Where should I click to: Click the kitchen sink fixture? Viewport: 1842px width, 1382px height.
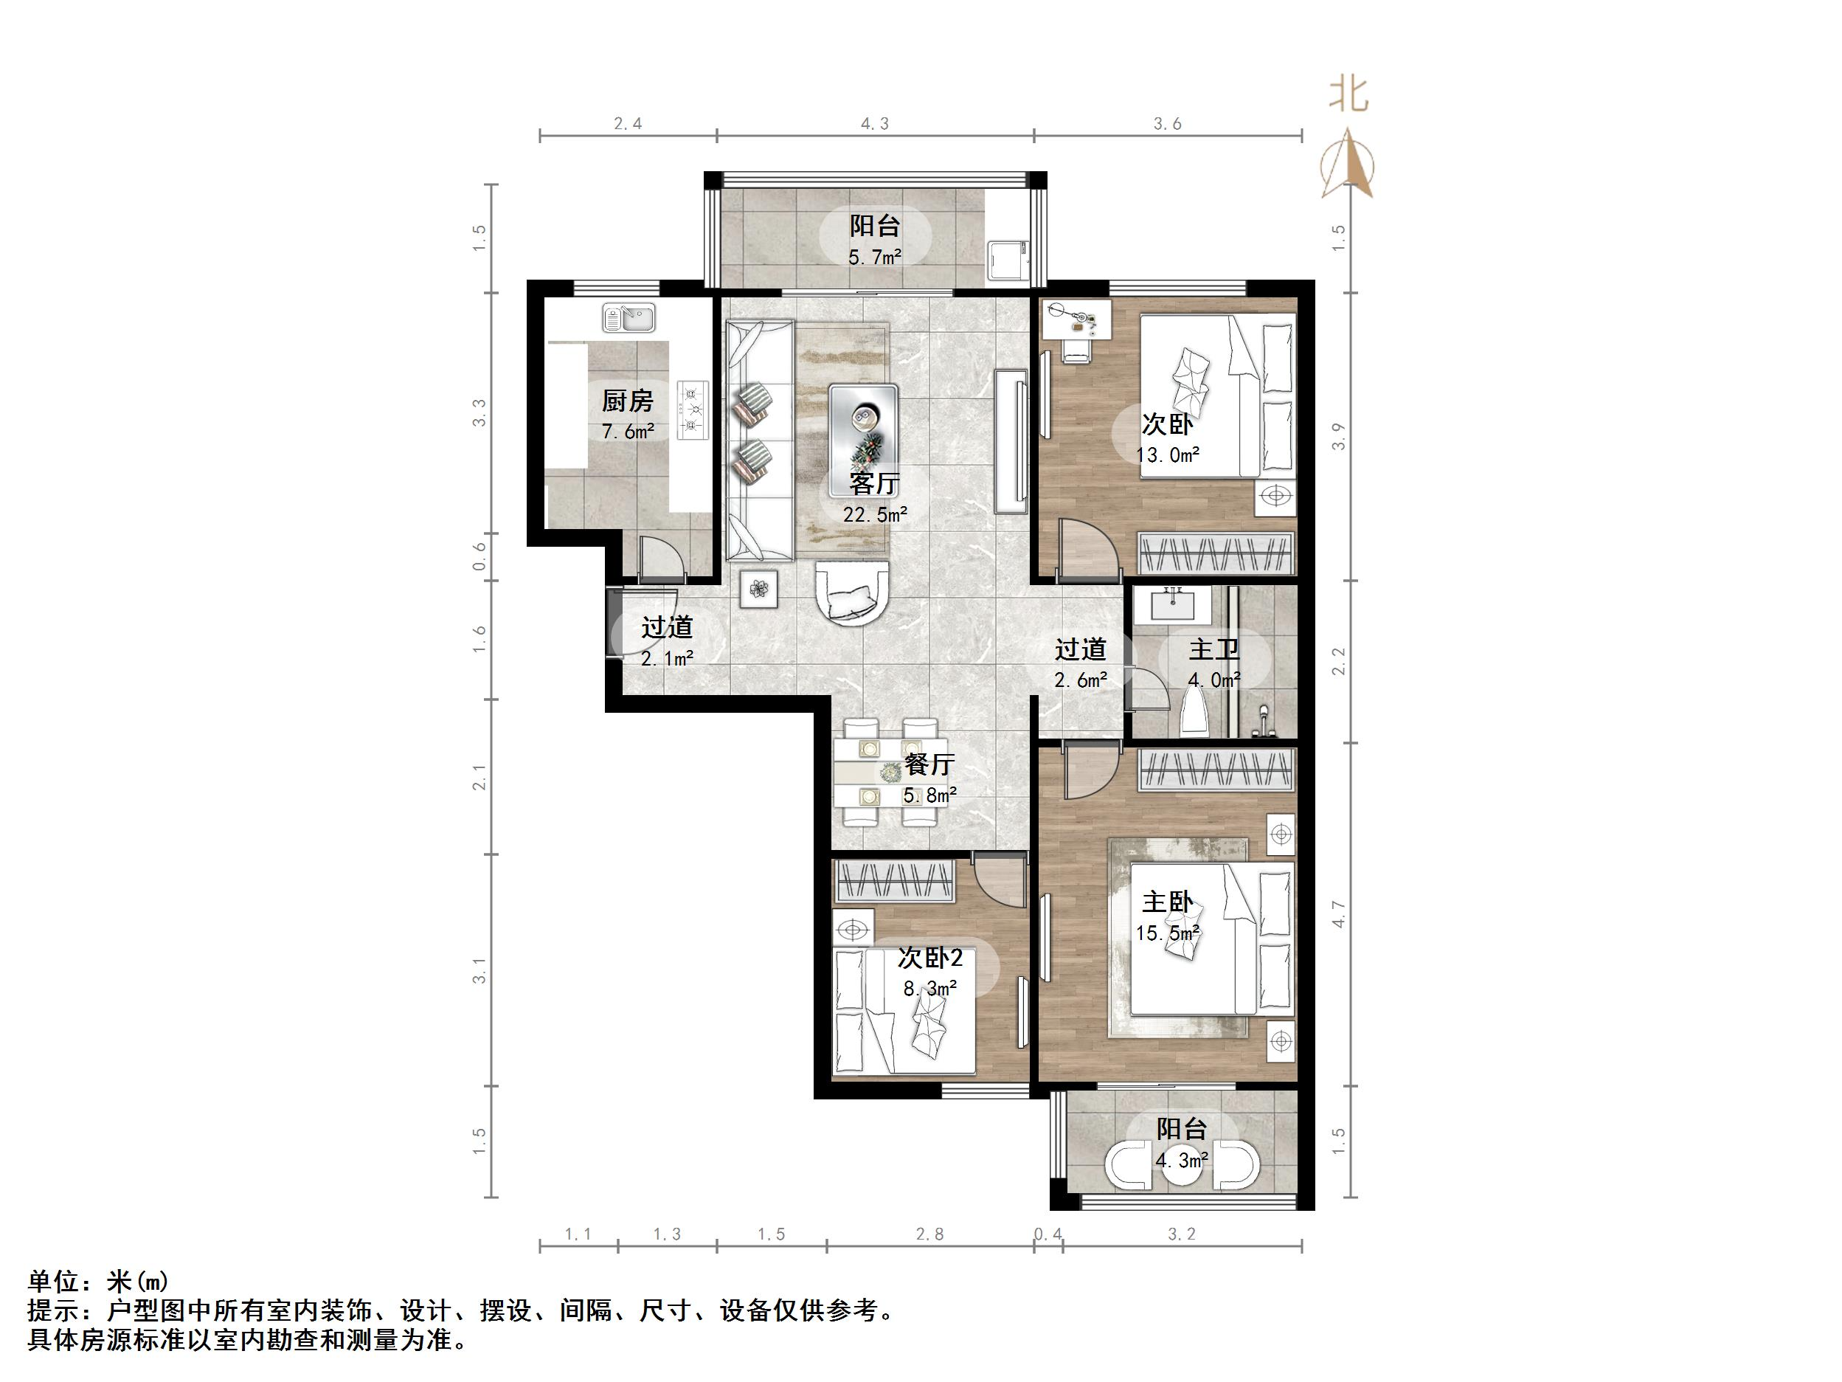(x=629, y=318)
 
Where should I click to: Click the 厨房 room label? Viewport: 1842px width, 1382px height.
(x=627, y=401)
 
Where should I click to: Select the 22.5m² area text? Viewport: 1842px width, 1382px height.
(x=874, y=515)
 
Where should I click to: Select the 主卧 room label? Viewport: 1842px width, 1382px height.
(x=1167, y=902)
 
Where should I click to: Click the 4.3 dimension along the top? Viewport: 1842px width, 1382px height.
(x=874, y=124)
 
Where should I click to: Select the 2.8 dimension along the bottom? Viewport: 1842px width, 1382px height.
(x=929, y=1234)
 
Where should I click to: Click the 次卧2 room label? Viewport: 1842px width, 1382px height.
(x=929, y=958)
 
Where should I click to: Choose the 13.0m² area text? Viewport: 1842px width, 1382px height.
(x=1168, y=455)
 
